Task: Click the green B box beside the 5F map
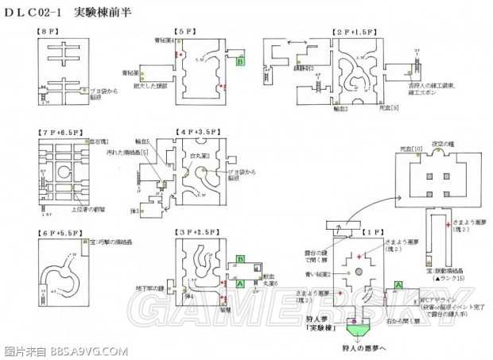coord(239,60)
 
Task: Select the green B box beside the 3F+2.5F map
coord(240,259)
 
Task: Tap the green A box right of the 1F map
coord(400,285)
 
